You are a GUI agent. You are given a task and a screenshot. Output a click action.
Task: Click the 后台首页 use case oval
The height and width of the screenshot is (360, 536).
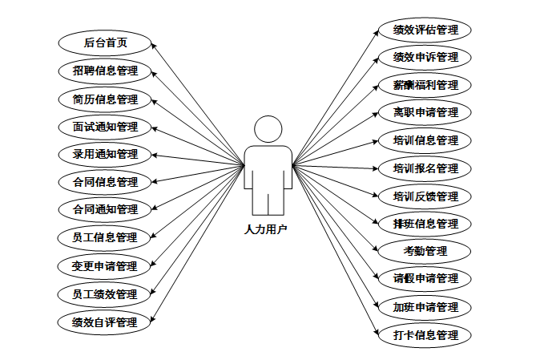click(105, 42)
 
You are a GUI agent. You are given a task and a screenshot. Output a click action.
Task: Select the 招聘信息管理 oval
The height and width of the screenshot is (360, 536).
click(105, 71)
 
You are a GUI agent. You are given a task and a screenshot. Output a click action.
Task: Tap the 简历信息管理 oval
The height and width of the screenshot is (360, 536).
click(105, 99)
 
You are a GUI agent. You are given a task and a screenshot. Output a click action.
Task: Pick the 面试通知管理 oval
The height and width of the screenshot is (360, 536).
click(105, 127)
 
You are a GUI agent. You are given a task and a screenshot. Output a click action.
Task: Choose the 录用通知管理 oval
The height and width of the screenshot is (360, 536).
click(105, 154)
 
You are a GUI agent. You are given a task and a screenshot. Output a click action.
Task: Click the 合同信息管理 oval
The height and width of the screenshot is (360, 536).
click(105, 182)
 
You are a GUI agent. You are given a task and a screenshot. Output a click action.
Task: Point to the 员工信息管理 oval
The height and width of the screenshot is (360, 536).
click(105, 237)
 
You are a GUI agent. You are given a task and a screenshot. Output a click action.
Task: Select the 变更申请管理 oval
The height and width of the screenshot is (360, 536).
click(105, 265)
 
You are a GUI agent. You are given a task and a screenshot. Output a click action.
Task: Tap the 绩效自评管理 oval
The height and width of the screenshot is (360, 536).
click(105, 322)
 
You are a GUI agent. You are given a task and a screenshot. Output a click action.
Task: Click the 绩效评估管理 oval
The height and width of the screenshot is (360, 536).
click(425, 30)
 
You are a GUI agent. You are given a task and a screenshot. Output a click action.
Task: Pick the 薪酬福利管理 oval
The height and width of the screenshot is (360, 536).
click(425, 85)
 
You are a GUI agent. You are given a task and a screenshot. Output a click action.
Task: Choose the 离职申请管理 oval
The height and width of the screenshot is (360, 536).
click(425, 112)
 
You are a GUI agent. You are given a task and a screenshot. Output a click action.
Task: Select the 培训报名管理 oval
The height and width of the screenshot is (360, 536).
click(425, 168)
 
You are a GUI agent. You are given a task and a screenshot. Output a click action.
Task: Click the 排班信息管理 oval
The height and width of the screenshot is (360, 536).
click(425, 224)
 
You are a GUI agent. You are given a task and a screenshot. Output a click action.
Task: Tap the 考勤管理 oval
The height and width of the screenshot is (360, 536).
click(425, 251)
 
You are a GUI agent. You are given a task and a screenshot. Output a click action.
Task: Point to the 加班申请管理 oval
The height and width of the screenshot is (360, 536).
click(425, 307)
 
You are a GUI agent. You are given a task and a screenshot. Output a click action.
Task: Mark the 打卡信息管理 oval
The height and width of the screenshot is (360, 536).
click(425, 335)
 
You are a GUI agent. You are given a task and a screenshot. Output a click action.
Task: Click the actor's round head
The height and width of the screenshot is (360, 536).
click(268, 129)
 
